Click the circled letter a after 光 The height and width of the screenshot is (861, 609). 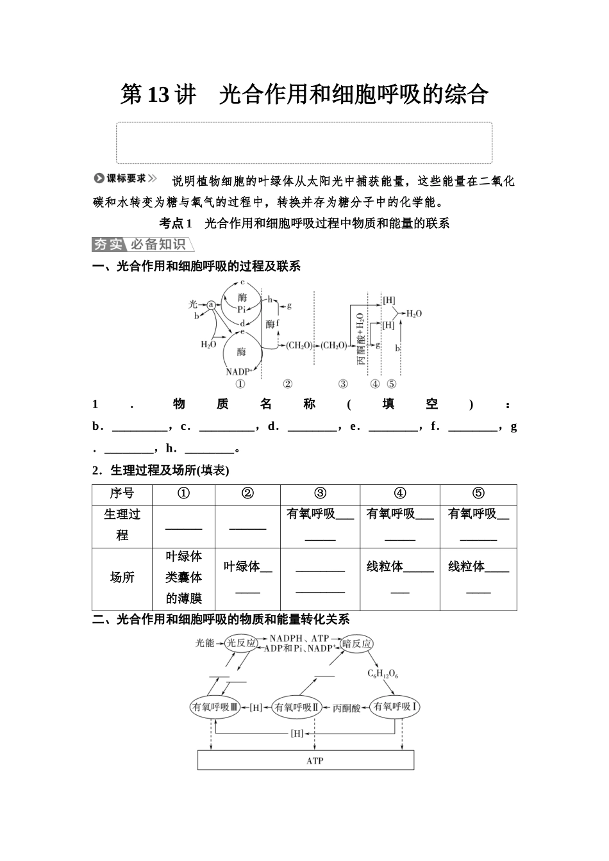(x=211, y=305)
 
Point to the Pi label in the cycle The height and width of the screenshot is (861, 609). (x=242, y=309)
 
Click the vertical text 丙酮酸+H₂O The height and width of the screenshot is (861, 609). (x=361, y=339)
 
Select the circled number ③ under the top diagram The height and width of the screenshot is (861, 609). (x=343, y=384)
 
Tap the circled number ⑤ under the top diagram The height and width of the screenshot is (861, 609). (x=392, y=384)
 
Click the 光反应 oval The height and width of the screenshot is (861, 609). (x=241, y=643)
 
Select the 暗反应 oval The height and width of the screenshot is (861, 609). (x=357, y=643)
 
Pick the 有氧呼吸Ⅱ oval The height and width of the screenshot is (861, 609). (x=296, y=707)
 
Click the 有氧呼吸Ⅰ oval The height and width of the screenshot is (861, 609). (x=396, y=707)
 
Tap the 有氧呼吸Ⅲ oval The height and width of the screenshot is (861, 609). (x=215, y=707)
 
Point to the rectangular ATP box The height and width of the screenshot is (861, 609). (x=306, y=760)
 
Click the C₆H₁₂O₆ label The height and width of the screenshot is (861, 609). (x=383, y=673)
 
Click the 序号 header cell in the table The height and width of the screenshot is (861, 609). (x=122, y=494)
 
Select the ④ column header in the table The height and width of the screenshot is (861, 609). (x=399, y=494)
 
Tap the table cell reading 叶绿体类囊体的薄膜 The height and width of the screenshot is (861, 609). (x=184, y=577)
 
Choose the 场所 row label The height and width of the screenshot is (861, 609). (x=122, y=577)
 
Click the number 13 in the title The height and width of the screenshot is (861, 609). (x=158, y=95)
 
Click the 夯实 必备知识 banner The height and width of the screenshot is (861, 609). (x=142, y=244)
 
